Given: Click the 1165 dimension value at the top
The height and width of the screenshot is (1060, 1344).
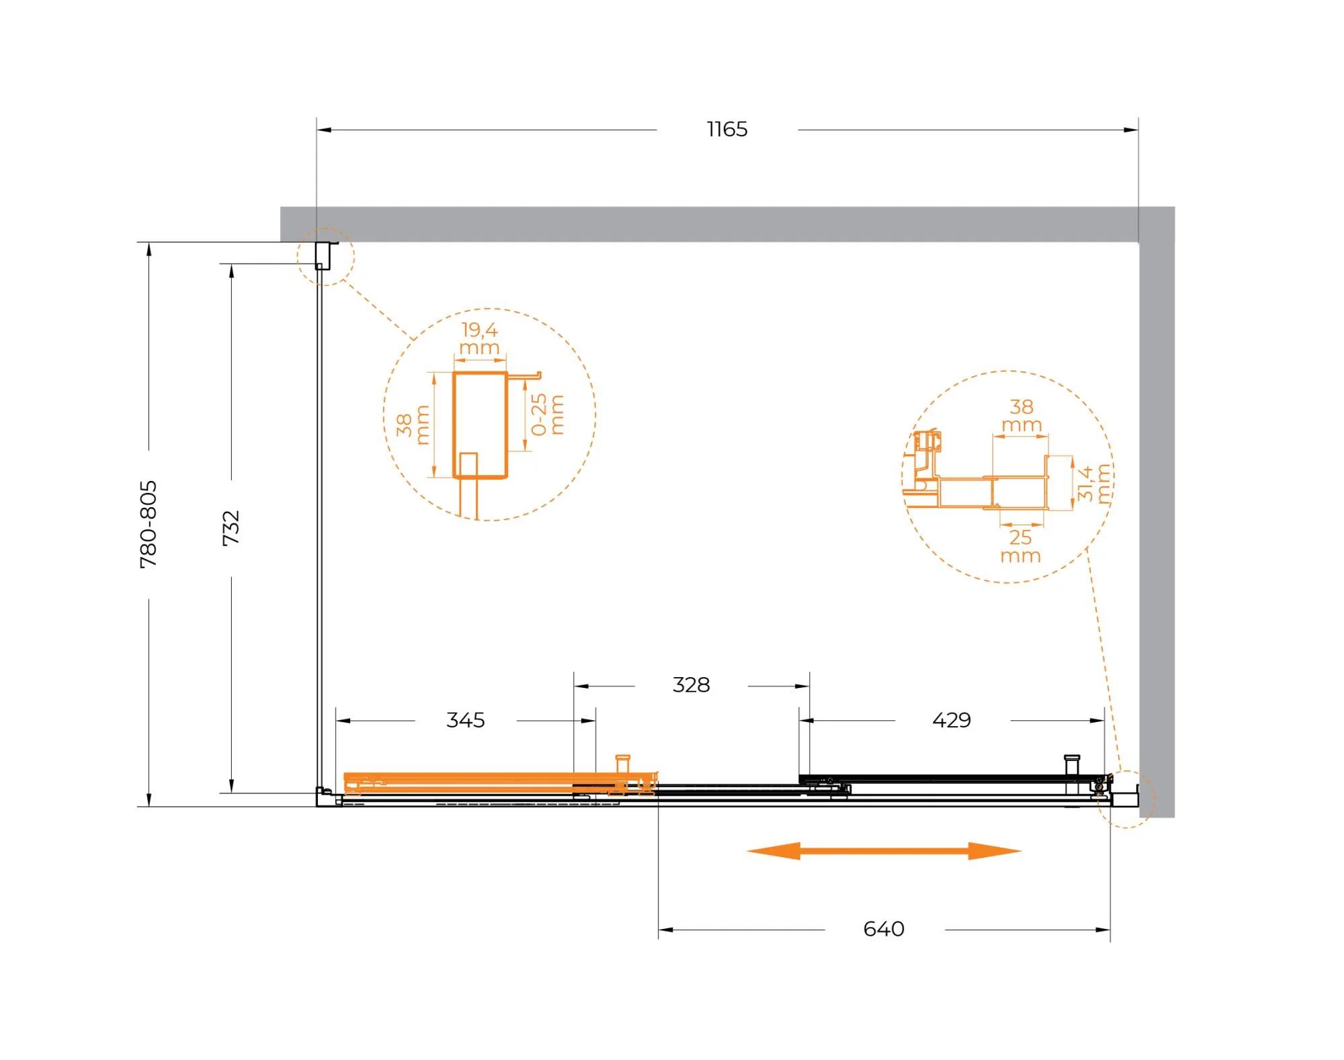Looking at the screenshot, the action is (727, 129).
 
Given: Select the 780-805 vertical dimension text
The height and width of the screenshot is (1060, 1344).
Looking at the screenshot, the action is (149, 524).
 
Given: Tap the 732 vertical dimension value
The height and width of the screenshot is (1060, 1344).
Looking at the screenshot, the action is (231, 528).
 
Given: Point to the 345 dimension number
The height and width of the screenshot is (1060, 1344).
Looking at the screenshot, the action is (466, 720).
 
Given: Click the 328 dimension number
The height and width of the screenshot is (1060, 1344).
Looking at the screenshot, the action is (691, 685).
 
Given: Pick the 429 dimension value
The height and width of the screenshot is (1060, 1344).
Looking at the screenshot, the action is (952, 720).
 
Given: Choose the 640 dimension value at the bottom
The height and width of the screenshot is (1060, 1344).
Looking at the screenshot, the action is (884, 929).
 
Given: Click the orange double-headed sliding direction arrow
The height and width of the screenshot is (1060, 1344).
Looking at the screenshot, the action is (884, 851).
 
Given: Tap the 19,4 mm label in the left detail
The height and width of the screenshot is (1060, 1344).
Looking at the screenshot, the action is (480, 339).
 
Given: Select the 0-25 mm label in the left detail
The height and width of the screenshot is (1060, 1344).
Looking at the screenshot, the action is (547, 414).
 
